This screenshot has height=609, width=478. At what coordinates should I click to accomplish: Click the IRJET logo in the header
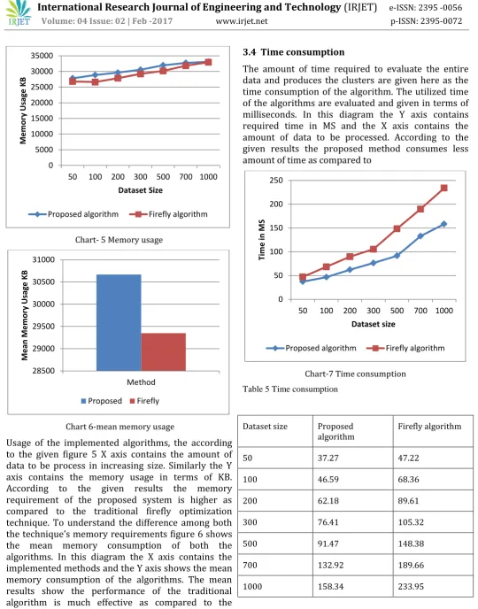click(x=19, y=12)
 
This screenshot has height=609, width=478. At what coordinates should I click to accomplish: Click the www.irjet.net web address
click(x=242, y=21)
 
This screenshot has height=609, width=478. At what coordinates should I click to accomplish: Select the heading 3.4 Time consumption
click(x=294, y=52)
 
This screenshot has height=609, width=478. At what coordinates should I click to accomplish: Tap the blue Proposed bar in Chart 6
click(x=119, y=322)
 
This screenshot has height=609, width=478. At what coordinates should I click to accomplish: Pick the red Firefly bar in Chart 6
click(x=164, y=352)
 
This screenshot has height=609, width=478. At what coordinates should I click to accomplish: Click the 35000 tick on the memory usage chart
click(x=42, y=56)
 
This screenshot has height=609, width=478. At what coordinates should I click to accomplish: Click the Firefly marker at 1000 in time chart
click(x=443, y=188)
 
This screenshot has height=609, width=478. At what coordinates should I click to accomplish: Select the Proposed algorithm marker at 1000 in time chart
click(x=443, y=224)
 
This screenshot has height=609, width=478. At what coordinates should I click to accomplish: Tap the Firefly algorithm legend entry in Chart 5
click(x=168, y=214)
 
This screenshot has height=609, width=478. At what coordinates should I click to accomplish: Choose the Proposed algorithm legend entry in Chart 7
click(x=311, y=348)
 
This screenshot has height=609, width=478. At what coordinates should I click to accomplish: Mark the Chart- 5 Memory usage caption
click(x=119, y=240)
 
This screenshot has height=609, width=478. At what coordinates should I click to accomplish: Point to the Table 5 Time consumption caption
click(x=290, y=389)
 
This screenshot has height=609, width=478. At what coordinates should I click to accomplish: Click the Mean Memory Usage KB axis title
click(x=25, y=315)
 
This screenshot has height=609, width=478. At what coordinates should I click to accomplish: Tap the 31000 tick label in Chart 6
click(x=43, y=259)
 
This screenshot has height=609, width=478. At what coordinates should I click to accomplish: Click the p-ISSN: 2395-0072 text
click(x=427, y=21)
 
